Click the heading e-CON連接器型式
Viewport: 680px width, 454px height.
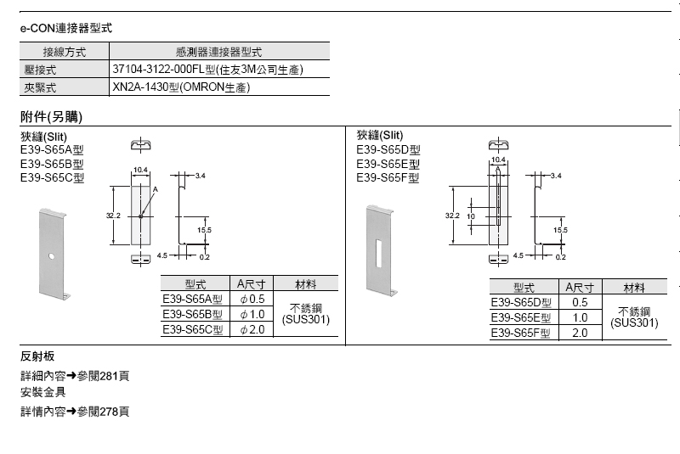66,28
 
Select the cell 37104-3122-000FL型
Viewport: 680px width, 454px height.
207,69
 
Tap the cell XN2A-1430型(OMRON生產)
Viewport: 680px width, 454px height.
181,87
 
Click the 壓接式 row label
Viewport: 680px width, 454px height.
38,69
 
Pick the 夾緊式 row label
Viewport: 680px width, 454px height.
38,87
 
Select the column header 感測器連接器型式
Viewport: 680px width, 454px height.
218,52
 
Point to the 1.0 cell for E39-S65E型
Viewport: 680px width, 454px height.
580,318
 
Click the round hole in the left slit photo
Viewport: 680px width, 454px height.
51,255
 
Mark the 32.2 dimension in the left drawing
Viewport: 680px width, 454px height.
113,216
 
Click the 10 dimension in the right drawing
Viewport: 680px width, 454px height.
471,216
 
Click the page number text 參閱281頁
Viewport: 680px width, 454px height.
103,375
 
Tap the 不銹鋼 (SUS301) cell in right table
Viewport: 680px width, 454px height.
634,317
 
